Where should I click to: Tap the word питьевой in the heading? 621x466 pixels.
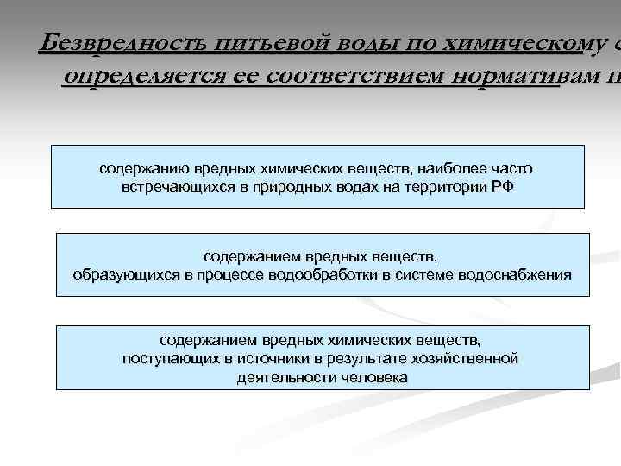point(259,42)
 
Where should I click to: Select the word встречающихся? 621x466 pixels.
point(166,187)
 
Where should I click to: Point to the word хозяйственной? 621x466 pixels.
point(470,359)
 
